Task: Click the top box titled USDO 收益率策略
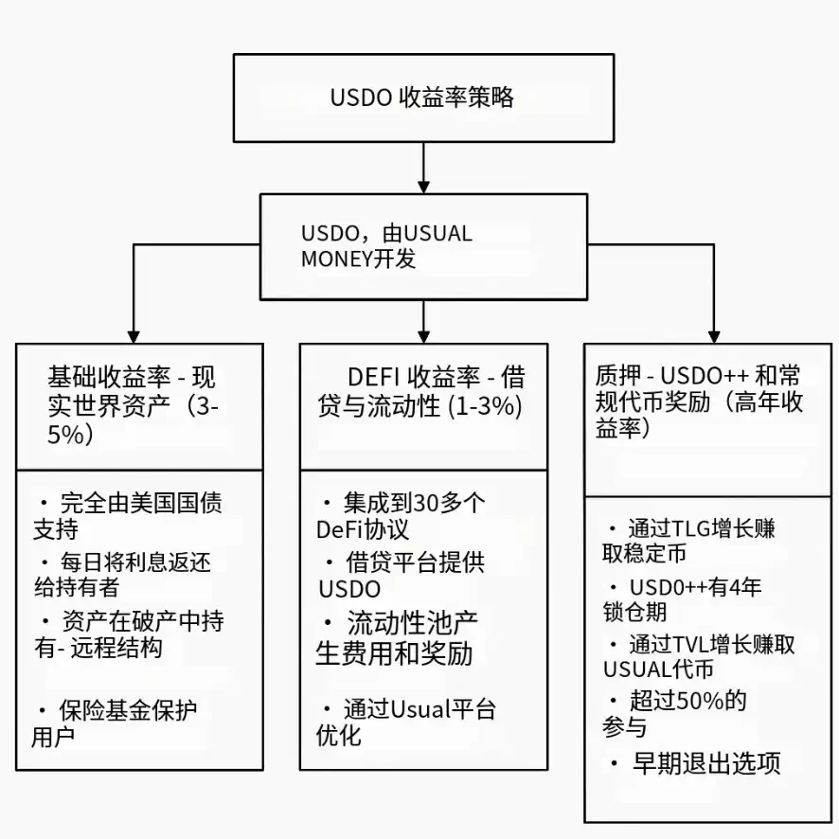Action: [423, 98]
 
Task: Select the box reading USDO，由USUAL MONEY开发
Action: [423, 246]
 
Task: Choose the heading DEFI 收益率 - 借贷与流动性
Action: [422, 392]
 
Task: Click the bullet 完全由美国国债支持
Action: [132, 514]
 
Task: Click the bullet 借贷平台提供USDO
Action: [402, 575]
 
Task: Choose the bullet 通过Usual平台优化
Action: [407, 722]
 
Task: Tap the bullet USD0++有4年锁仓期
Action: [683, 599]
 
